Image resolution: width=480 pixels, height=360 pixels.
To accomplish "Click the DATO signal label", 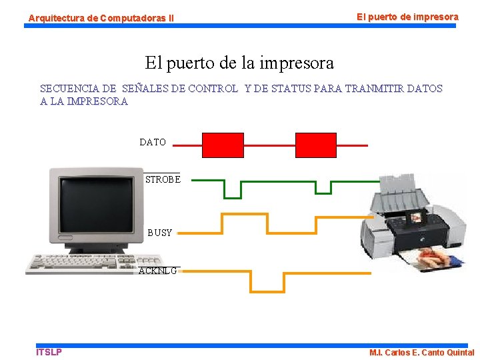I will [x=153, y=142].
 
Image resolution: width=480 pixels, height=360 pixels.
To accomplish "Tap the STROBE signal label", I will [x=163, y=179].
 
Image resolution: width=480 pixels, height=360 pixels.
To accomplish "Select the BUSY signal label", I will [x=160, y=233].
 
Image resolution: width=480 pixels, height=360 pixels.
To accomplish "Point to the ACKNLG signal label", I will [x=158, y=271].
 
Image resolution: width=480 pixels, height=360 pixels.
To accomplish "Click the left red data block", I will [x=223, y=145].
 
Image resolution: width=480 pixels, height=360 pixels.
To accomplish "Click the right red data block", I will [x=316, y=145].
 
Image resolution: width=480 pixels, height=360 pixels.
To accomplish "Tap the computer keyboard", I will [x=94, y=264].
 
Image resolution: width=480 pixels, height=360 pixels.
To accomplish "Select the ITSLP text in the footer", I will [x=49, y=352].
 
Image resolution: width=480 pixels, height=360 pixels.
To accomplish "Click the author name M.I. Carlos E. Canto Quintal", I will [x=421, y=353].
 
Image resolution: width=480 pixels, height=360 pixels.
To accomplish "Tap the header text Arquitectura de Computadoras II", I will [x=101, y=18].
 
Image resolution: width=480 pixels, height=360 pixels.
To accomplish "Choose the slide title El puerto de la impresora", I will [x=239, y=63].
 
